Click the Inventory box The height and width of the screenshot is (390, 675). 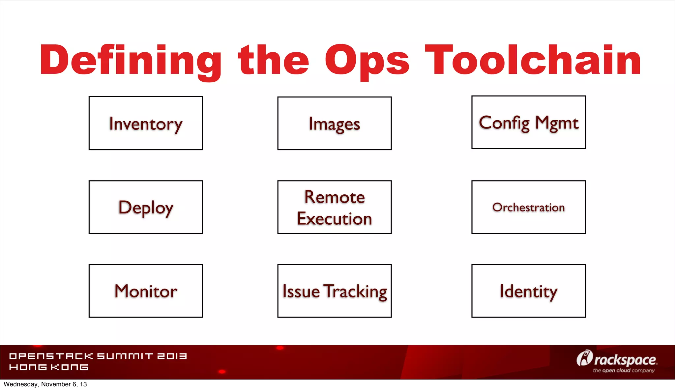click(x=146, y=124)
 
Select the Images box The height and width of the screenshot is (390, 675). click(x=334, y=124)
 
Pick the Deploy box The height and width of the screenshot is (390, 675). click(x=146, y=207)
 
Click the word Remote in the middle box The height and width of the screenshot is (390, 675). click(x=334, y=197)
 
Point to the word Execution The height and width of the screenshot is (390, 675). click(x=334, y=219)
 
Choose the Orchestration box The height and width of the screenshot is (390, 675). click(x=528, y=207)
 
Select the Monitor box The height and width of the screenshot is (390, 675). click(x=146, y=291)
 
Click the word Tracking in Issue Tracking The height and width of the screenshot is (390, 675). click(x=355, y=292)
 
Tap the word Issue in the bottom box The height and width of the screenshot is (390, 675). click(x=301, y=292)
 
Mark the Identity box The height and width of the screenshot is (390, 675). click(x=528, y=291)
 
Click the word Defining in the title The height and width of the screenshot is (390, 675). click(x=131, y=61)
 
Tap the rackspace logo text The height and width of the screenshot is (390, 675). click(x=625, y=360)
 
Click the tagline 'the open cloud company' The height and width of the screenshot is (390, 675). click(x=624, y=371)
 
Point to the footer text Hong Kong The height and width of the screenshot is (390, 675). click(x=49, y=367)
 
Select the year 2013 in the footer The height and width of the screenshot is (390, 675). click(x=172, y=356)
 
